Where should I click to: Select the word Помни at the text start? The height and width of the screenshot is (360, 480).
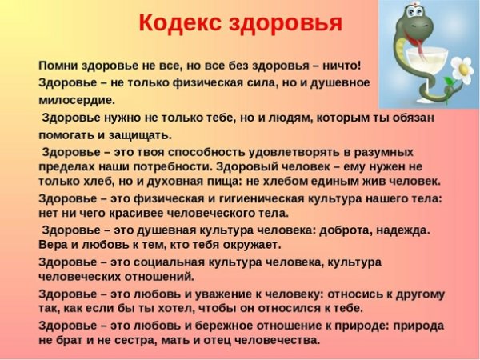coord(58,65)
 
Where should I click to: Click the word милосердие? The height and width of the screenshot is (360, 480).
coord(77,100)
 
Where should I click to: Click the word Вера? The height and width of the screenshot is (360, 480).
coord(53,244)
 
